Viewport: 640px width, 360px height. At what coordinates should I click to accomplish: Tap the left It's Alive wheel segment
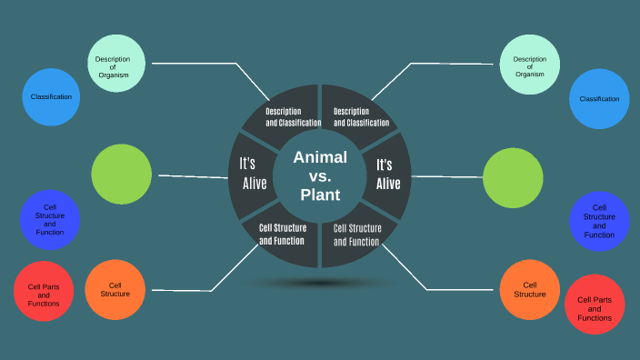coord(252,174)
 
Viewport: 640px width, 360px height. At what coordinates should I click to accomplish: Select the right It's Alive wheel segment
coord(388,174)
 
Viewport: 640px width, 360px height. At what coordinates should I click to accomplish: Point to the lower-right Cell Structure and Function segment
coord(355,235)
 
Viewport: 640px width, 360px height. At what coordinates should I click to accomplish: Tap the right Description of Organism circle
coord(529,63)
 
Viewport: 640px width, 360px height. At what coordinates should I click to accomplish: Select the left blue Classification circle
coord(51,96)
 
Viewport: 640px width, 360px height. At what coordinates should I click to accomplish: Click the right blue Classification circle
coord(599,98)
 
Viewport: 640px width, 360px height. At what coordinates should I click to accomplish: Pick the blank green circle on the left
coord(122,174)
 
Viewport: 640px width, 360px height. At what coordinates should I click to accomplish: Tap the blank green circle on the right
coord(513,176)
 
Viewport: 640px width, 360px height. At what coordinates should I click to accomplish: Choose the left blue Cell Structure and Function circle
coord(50,220)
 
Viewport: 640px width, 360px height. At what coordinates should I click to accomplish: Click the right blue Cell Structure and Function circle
coord(599,222)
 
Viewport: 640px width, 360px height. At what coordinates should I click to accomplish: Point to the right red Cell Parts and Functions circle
coord(595,305)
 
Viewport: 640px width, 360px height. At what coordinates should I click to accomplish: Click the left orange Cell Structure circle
coord(115,289)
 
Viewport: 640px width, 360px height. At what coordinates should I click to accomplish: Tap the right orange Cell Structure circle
coord(529,289)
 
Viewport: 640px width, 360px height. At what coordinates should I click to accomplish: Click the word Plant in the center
coord(320,195)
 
